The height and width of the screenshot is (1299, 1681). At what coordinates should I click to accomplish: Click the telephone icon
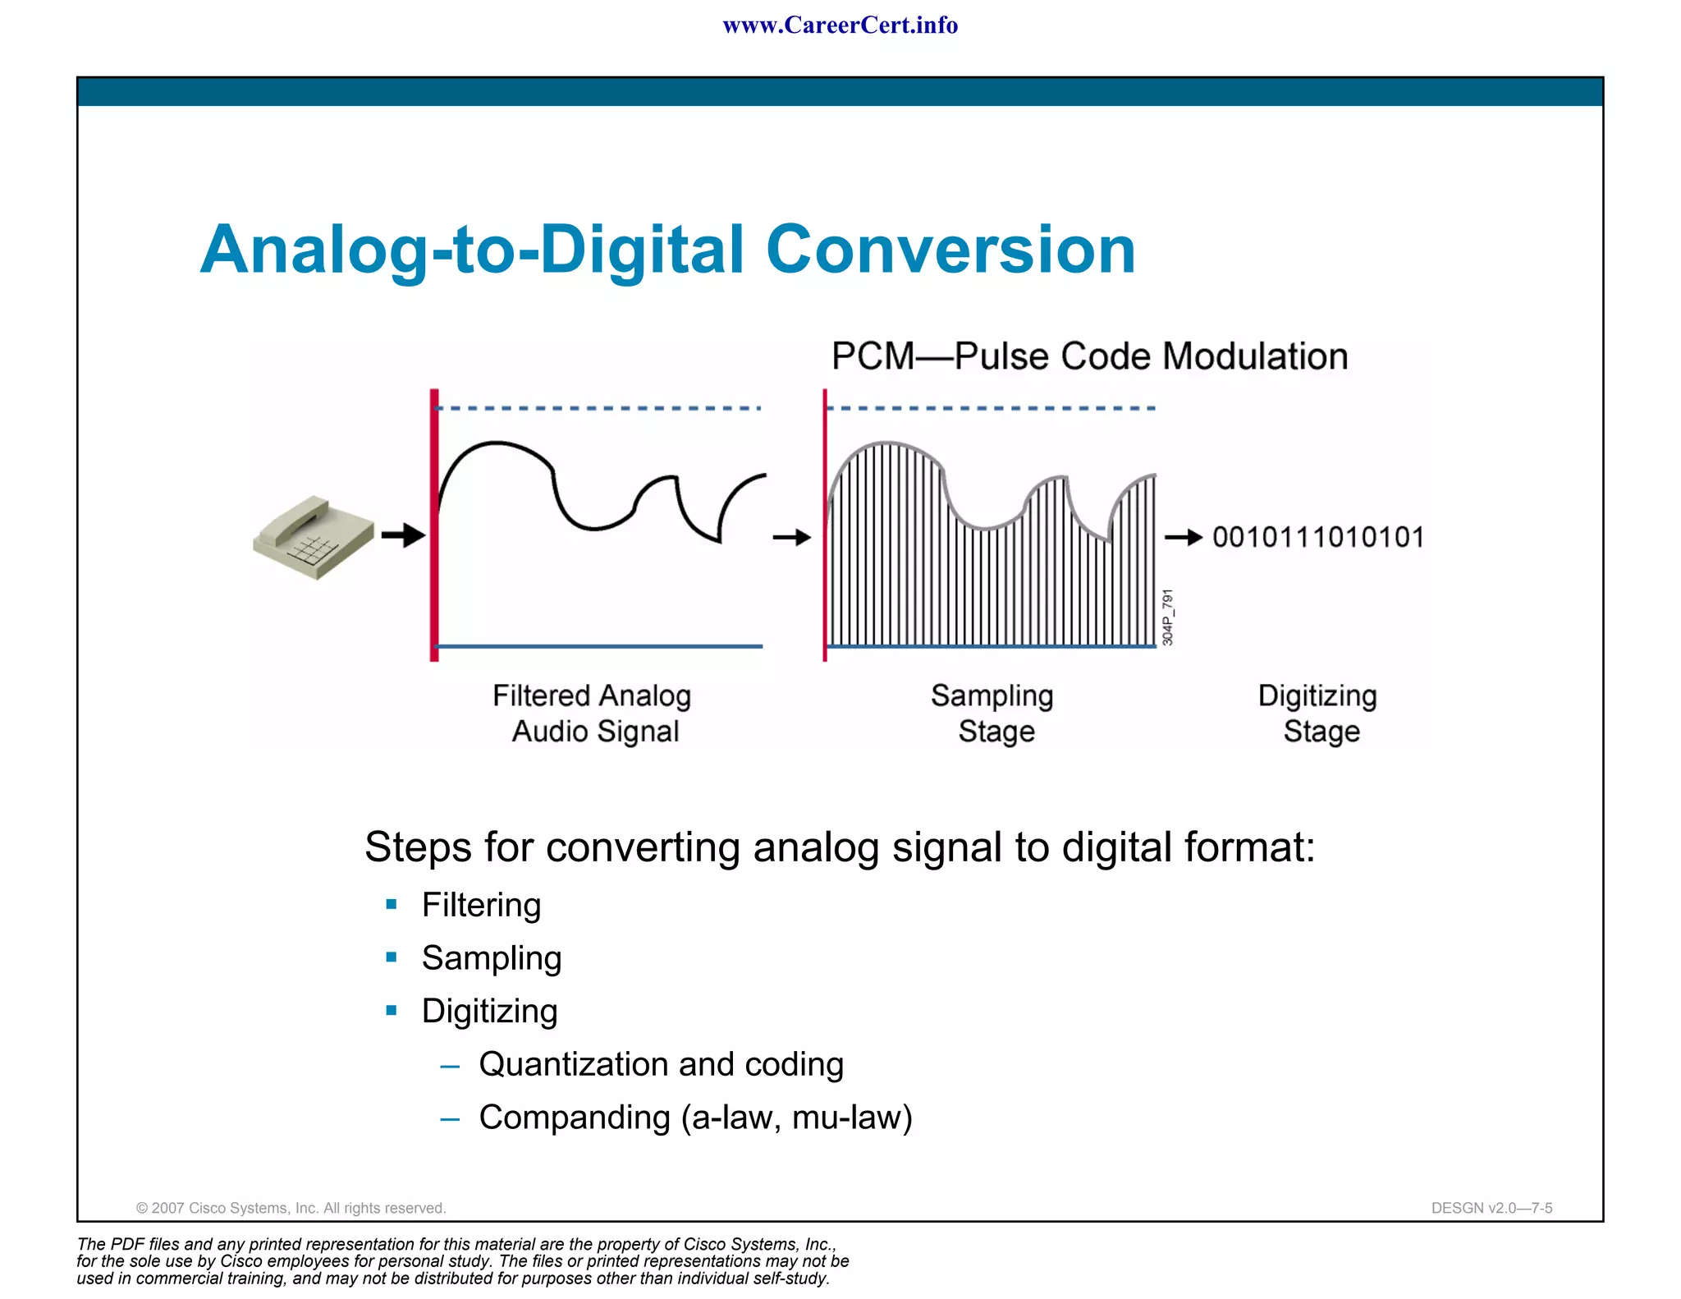click(x=313, y=537)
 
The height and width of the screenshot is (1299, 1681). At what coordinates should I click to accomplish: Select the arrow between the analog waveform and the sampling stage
click(x=791, y=538)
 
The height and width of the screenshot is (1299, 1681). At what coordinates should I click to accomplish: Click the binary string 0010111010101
click(x=1318, y=537)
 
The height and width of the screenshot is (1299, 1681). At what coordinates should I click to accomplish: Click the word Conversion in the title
click(x=950, y=250)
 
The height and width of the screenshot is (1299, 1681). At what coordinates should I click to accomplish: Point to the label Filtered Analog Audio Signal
click(x=593, y=714)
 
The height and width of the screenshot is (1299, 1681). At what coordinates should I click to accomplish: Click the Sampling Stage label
click(x=993, y=714)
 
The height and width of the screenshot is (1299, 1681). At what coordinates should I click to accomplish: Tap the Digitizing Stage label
click(x=1318, y=714)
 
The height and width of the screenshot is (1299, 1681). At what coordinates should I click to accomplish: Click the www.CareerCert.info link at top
click(x=840, y=25)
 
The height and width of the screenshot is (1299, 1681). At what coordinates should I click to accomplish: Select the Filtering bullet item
click(x=481, y=905)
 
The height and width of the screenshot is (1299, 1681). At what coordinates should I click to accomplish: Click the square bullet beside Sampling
click(x=392, y=957)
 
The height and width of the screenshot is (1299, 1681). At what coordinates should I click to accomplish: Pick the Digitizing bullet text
click(x=489, y=1011)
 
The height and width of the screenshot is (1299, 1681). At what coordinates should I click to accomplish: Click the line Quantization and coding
click(x=661, y=1064)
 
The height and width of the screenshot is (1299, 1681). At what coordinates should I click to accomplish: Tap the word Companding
click(x=575, y=1118)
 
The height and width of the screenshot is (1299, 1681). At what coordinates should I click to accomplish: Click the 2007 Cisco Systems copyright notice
click(x=291, y=1208)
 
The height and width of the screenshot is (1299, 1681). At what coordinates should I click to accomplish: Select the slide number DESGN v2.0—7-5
click(x=1491, y=1208)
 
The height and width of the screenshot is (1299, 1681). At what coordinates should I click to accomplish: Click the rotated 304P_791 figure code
click(x=1168, y=617)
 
